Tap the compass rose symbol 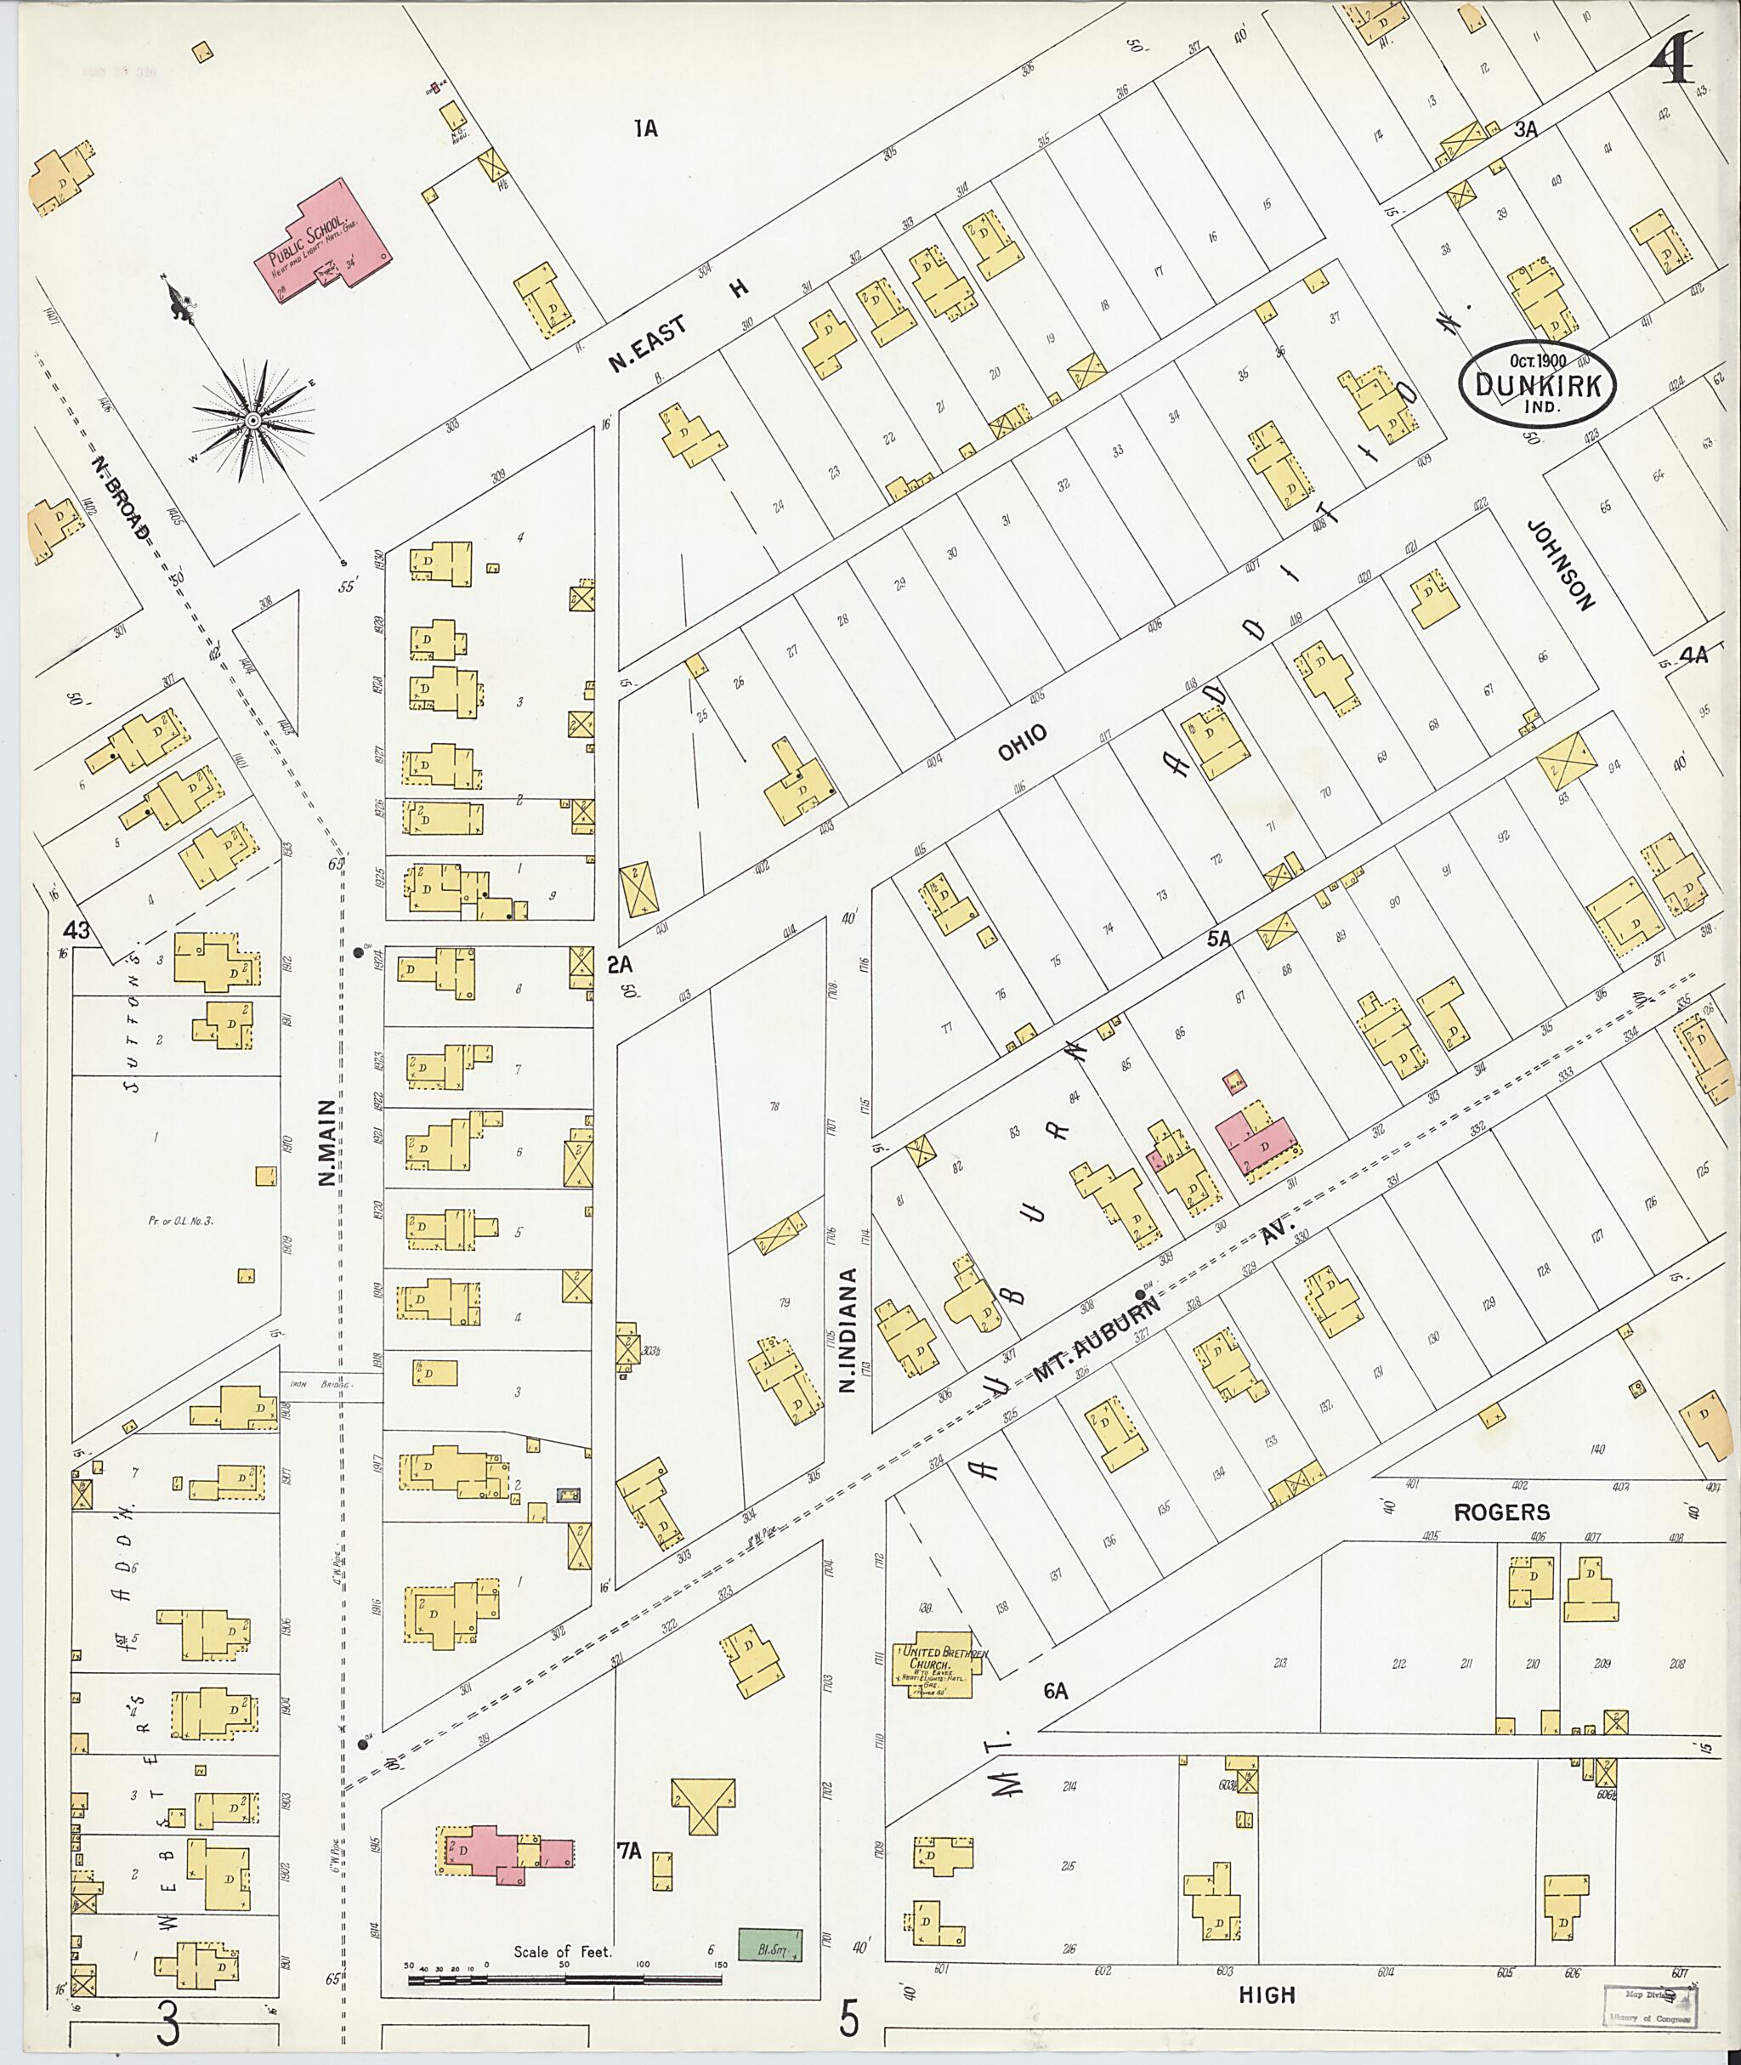pyautogui.click(x=253, y=422)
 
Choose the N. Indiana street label pyautogui.click(x=847, y=1330)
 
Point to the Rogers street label pyautogui.click(x=1501, y=1512)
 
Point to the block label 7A pyautogui.click(x=630, y=1852)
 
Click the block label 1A pyautogui.click(x=645, y=128)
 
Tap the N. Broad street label pyautogui.click(x=122, y=497)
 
